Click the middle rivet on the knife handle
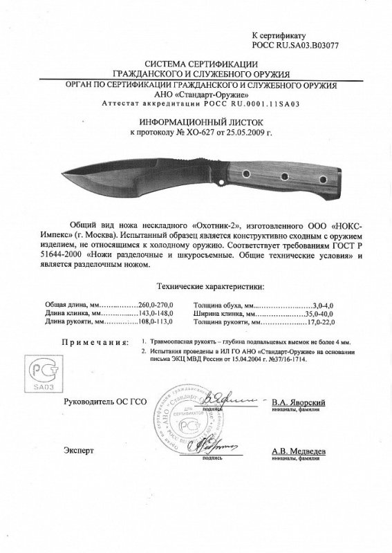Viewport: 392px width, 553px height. coord(284,180)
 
